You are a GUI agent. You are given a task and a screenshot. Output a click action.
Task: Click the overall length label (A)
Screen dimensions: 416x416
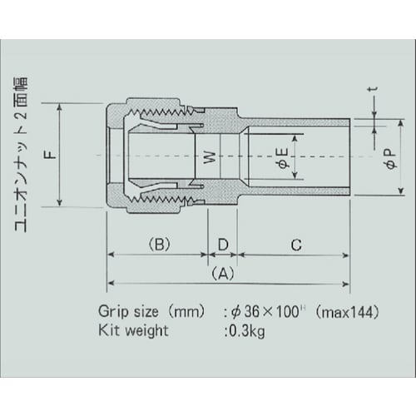pyautogui.click(x=222, y=272)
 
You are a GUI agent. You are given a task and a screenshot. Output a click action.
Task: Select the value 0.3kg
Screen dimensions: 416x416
pyautogui.click(x=245, y=330)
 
